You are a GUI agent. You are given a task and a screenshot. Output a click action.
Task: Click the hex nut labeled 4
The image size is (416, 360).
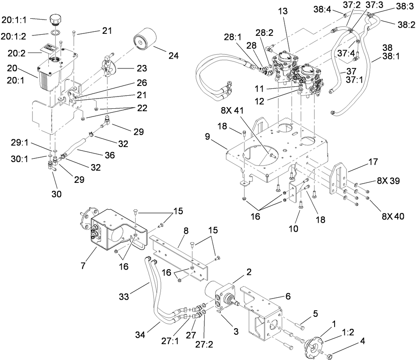[x=331, y=353]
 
